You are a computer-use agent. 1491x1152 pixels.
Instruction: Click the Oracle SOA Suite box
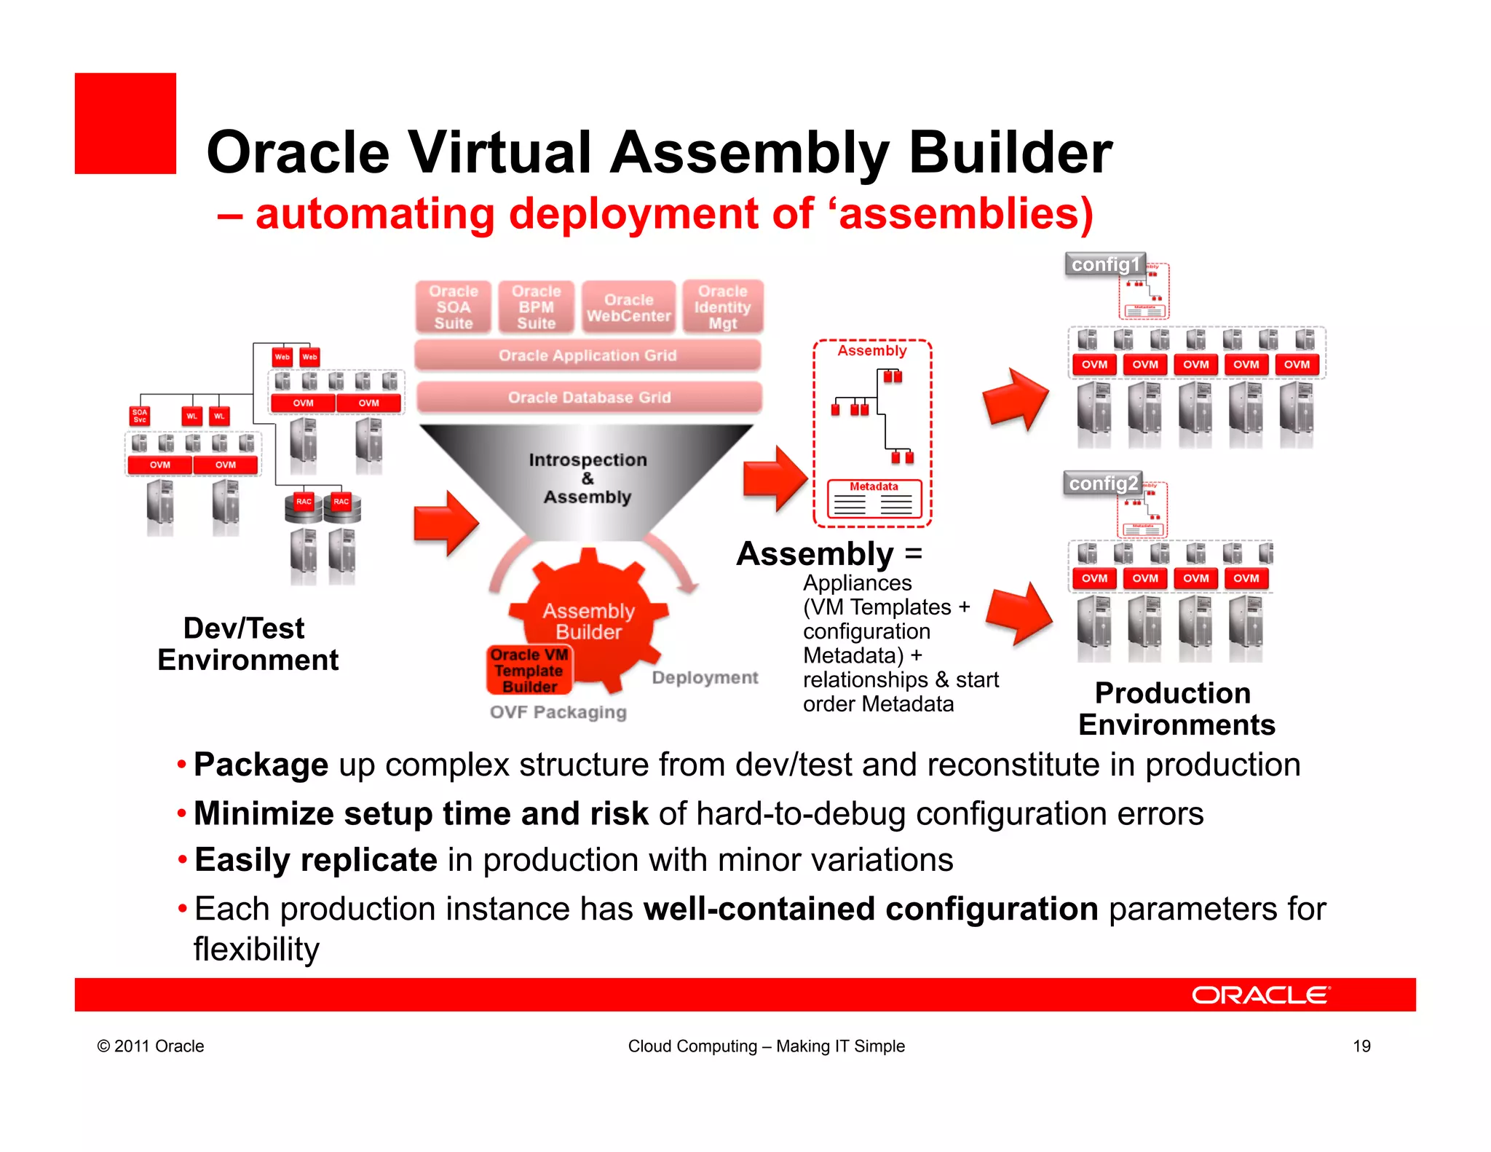(454, 307)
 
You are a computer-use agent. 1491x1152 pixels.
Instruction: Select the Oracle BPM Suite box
(537, 307)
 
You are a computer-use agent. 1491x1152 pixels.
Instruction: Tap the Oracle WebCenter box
(629, 307)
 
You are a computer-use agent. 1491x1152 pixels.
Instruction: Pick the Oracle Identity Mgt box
(722, 307)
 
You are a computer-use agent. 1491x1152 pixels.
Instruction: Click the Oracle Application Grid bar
(588, 355)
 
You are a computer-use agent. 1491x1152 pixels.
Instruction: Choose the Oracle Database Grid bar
(589, 398)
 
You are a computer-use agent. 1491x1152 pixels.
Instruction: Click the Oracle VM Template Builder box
(529, 671)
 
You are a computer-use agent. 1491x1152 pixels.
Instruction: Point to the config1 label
(1104, 264)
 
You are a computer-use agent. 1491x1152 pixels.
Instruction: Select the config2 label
(1103, 484)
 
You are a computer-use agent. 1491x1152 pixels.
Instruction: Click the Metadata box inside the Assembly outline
(874, 498)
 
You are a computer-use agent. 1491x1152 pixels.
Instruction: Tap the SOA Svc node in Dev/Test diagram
(140, 416)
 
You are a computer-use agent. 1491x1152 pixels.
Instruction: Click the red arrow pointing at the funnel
(446, 523)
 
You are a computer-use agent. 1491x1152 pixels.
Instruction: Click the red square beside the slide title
(125, 123)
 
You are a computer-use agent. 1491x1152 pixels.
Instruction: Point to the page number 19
(1361, 1046)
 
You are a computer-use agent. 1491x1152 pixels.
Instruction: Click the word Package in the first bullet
(261, 765)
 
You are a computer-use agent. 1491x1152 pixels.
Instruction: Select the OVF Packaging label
(558, 712)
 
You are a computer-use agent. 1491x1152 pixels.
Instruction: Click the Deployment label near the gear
(705, 678)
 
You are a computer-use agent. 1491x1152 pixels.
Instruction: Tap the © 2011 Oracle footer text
(151, 1046)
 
